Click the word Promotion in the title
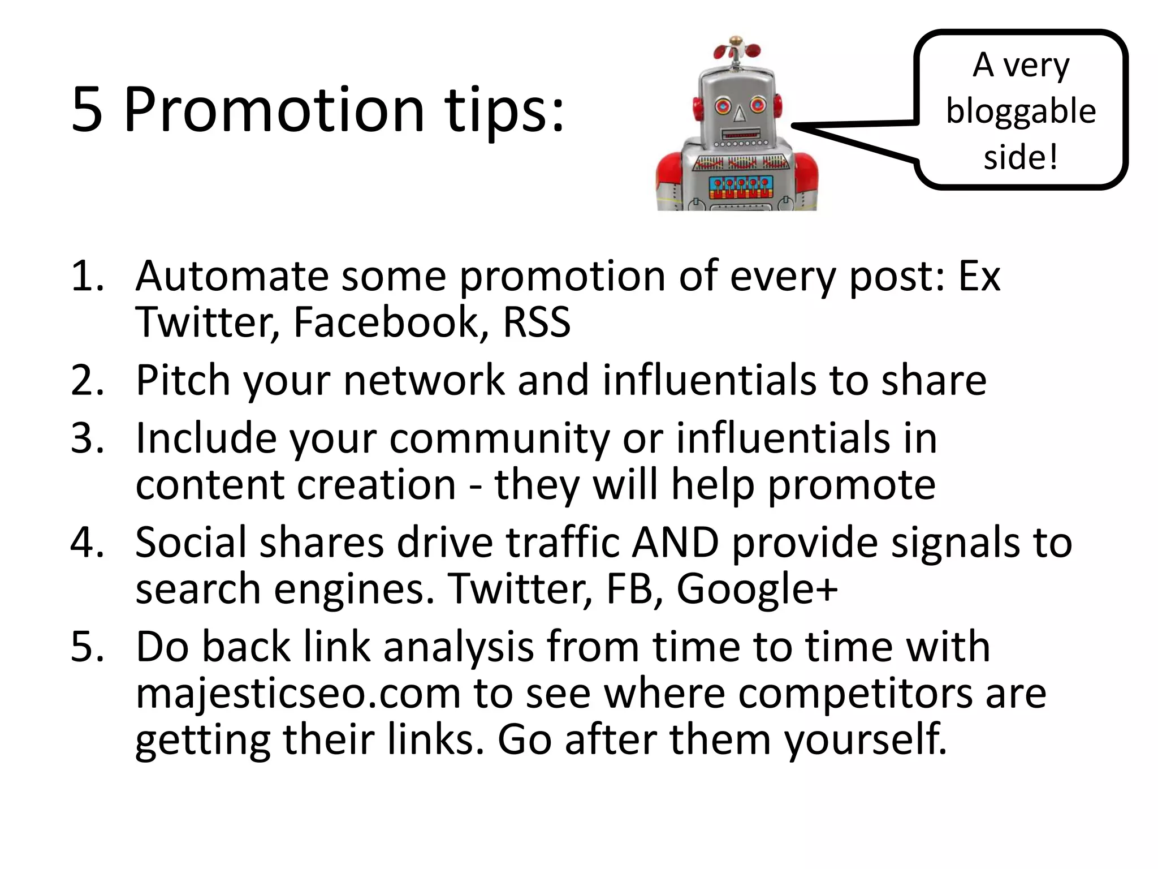(274, 110)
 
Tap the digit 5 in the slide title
(88, 111)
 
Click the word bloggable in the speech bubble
(1021, 111)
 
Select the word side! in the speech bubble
(1021, 157)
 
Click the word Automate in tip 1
(232, 276)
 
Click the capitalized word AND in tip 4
(675, 542)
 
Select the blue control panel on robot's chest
(738, 187)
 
